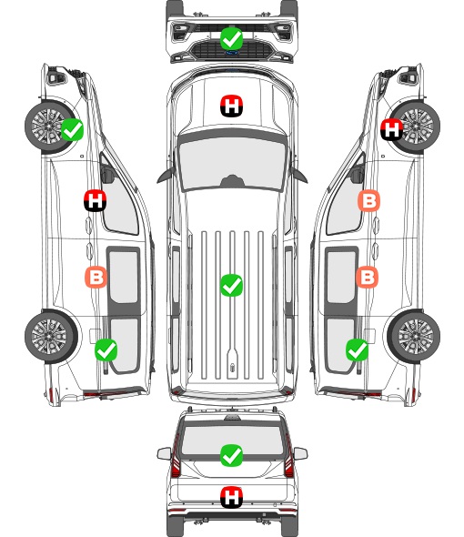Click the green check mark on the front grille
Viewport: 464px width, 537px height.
click(231, 39)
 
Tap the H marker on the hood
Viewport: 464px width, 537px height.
click(231, 106)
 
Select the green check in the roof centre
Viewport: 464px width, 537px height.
click(231, 285)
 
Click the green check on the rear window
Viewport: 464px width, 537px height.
click(231, 455)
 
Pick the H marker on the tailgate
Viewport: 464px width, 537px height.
click(231, 497)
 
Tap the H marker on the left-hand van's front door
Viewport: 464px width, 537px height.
click(96, 200)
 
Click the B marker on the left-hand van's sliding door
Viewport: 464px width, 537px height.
click(96, 277)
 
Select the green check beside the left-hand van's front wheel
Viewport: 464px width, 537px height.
click(72, 129)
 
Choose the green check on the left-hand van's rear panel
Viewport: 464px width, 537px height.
click(106, 350)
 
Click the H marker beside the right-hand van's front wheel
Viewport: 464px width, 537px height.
click(392, 129)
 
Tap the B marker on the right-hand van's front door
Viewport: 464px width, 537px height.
click(368, 200)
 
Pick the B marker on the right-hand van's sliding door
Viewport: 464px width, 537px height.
click(367, 277)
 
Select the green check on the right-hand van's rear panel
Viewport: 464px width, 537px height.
click(358, 350)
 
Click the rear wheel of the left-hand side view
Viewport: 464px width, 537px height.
click(51, 336)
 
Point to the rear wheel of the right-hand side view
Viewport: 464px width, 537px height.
click(414, 336)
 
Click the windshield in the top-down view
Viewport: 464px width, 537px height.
click(232, 164)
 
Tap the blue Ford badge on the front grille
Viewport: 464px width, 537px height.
click(232, 53)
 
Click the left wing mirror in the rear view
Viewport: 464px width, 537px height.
click(164, 454)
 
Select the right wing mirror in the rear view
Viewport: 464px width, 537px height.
click(300, 454)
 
